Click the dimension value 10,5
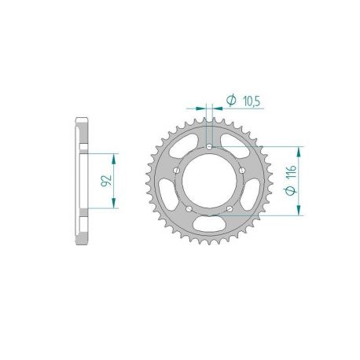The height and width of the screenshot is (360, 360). [x=252, y=100]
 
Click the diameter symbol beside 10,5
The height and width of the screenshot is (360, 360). [x=232, y=100]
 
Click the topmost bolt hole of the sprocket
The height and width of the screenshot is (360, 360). [x=209, y=147]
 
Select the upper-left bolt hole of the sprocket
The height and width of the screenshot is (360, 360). [x=178, y=170]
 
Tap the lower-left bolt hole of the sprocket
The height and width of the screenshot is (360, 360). [x=190, y=207]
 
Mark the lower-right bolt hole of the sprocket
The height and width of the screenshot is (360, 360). [x=229, y=207]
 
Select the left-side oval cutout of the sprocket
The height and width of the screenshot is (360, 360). [x=167, y=194]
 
